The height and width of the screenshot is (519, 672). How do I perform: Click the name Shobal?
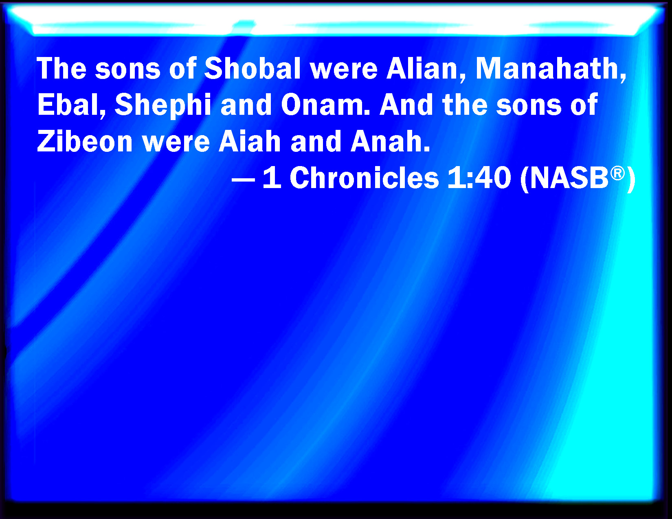pos(252,68)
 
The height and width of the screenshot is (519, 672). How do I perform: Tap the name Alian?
pos(422,68)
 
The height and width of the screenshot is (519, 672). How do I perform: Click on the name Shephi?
pos(163,105)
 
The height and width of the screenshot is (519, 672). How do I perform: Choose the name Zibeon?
pos(85,141)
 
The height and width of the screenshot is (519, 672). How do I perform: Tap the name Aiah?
pos(250,141)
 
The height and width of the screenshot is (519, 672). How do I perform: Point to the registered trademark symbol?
pos(617,173)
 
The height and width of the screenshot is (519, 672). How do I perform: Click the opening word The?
pos(61,68)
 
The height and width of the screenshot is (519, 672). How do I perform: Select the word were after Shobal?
pos(344,71)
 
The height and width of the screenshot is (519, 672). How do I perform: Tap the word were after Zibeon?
pos(176,144)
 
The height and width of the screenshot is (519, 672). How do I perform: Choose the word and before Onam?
pos(246,105)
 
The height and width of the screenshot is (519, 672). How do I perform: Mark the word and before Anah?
pos(316,141)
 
